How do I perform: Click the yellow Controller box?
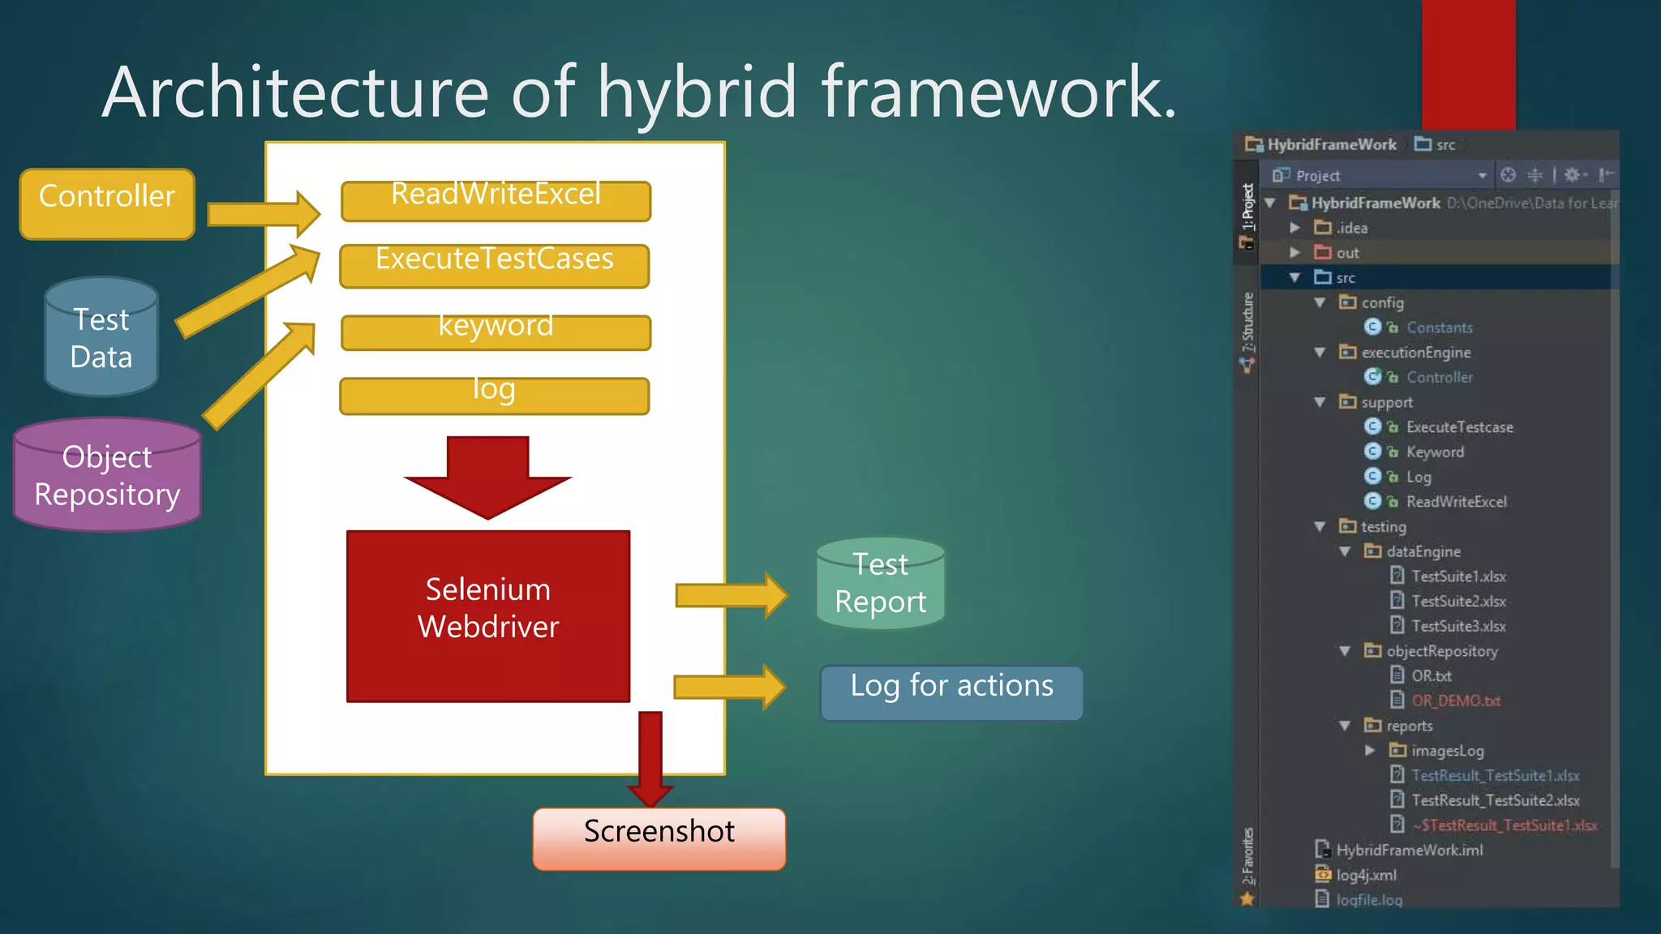[x=107, y=204]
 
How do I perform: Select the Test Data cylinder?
[x=101, y=338]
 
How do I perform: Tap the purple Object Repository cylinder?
[x=107, y=476]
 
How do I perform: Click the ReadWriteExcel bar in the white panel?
[x=496, y=200]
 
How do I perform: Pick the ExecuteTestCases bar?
[x=494, y=265]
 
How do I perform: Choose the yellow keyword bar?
[x=496, y=332]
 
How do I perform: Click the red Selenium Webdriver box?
[x=488, y=615]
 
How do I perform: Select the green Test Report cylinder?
[x=880, y=584]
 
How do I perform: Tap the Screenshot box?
[x=659, y=838]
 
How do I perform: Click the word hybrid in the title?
[x=697, y=92]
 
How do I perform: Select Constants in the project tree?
[x=1439, y=328]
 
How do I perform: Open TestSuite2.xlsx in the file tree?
[x=1457, y=602]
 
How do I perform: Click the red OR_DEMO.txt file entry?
[x=1455, y=701]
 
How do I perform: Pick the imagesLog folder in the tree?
[x=1447, y=751]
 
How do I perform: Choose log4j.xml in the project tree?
[x=1366, y=876]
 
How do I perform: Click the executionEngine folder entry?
[x=1415, y=353]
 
